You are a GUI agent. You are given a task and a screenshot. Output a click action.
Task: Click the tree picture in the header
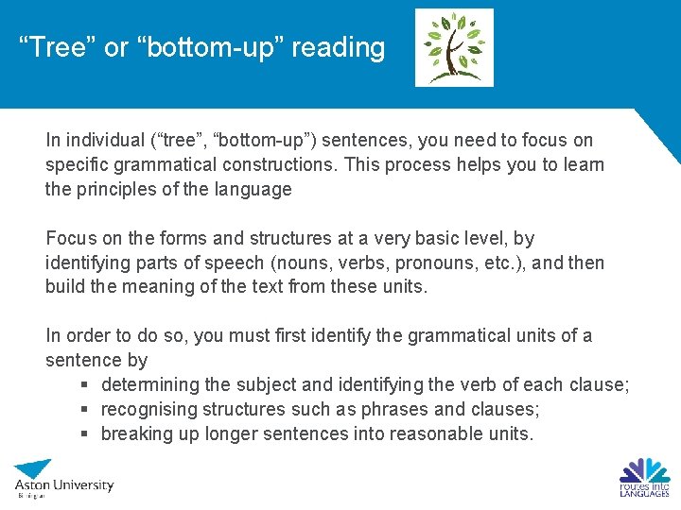(454, 47)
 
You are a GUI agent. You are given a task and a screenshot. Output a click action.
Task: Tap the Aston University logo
(63, 478)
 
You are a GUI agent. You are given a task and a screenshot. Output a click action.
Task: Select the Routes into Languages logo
(644, 477)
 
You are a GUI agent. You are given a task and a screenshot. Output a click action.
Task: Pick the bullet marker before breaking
(85, 434)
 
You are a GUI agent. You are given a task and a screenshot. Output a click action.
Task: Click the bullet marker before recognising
(85, 410)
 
